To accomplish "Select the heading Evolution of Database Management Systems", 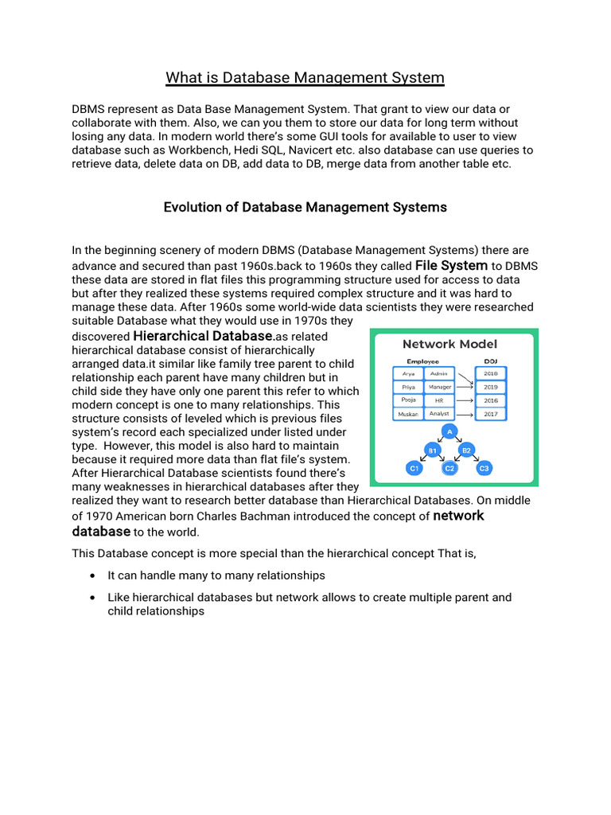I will pyautogui.click(x=305, y=207).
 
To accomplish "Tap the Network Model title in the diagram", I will pyautogui.click(x=449, y=344).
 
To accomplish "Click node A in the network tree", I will pyautogui.click(x=449, y=431).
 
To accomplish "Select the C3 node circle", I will pyautogui.click(x=484, y=469).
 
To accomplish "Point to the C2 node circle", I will pyautogui.click(x=449, y=469).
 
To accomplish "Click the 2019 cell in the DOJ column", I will pyautogui.click(x=491, y=387).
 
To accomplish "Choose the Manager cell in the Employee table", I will pyautogui.click(x=439, y=387).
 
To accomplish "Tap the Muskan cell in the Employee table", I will pyautogui.click(x=408, y=414).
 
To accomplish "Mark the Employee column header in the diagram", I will pyautogui.click(x=422, y=361).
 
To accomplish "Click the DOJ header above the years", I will pyautogui.click(x=491, y=361).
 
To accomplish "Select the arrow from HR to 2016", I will pyautogui.click(x=465, y=400).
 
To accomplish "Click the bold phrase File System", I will pyautogui.click(x=451, y=265).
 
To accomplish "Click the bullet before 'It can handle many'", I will pyautogui.click(x=95, y=575).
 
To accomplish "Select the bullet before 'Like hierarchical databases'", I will pyautogui.click(x=95, y=598).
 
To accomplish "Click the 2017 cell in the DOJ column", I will pyautogui.click(x=491, y=414).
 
